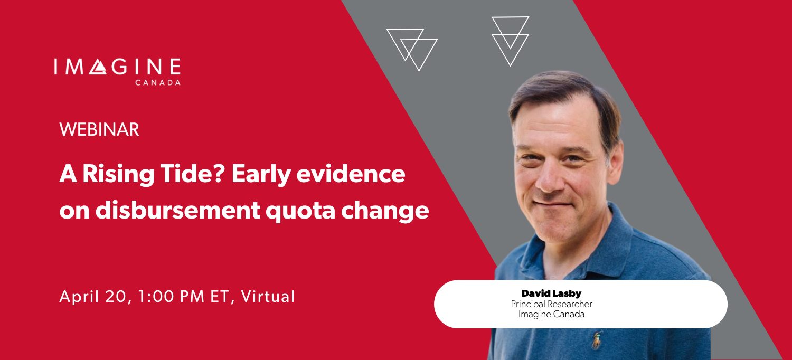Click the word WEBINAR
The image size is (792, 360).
[x=99, y=129]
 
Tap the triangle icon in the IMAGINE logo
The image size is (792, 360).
[x=98, y=67]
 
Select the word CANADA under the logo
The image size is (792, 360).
[x=158, y=83]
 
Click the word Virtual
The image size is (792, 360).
[x=267, y=297]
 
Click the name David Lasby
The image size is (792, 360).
[x=551, y=293]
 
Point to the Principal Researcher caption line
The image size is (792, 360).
[x=551, y=304]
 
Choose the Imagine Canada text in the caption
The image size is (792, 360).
[x=551, y=314]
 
